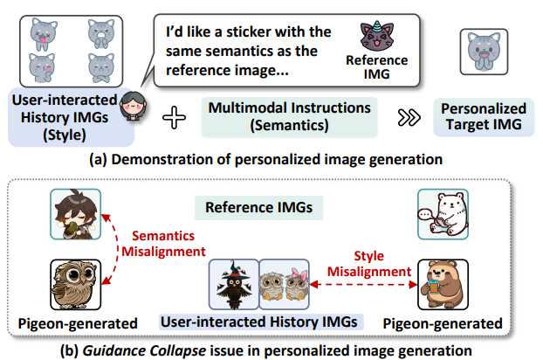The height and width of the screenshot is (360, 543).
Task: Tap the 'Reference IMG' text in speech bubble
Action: (378, 67)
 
